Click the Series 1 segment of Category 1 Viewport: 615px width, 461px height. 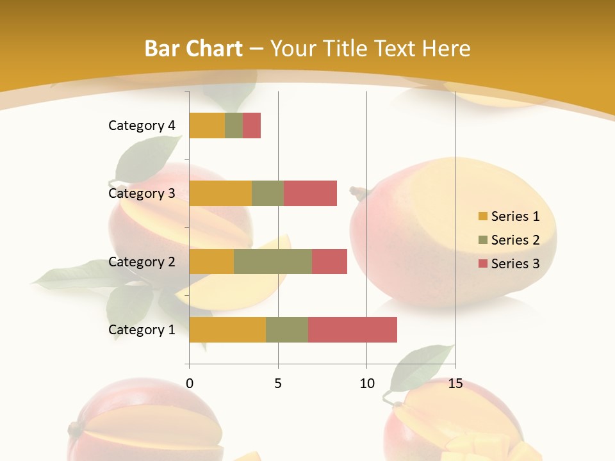(x=227, y=330)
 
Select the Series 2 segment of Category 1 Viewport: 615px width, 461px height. (x=287, y=330)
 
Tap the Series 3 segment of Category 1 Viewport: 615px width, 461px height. (x=352, y=330)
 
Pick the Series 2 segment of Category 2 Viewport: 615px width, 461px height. (x=273, y=262)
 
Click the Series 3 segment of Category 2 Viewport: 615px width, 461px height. (x=329, y=262)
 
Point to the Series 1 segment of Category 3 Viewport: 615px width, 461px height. (x=220, y=193)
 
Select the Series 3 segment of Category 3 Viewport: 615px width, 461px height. (x=310, y=193)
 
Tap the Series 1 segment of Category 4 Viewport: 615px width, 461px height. (x=207, y=125)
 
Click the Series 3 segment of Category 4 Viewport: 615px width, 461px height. (x=252, y=125)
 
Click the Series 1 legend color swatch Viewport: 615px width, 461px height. (x=482, y=216)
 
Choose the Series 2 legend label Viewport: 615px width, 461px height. (x=515, y=240)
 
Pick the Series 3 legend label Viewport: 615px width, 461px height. (x=515, y=264)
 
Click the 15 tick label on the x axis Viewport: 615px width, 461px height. (x=455, y=384)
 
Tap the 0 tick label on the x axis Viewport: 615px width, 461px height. (x=190, y=384)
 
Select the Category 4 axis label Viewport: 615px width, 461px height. (x=142, y=125)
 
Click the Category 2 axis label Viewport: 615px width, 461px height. (x=142, y=262)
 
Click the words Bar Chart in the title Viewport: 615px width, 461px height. (x=193, y=49)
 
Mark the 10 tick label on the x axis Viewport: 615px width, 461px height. (x=366, y=384)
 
